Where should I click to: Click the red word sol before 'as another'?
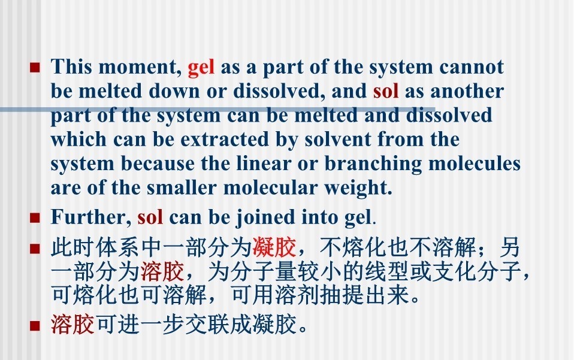386,90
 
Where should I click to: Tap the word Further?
90,217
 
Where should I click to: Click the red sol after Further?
150,217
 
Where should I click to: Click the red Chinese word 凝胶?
274,247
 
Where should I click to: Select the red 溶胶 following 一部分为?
162,271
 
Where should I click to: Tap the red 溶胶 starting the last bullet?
72,324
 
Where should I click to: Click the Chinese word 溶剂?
297,295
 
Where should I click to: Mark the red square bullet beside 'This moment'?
35,68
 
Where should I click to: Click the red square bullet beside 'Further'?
35,218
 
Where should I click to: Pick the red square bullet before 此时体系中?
35,249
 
